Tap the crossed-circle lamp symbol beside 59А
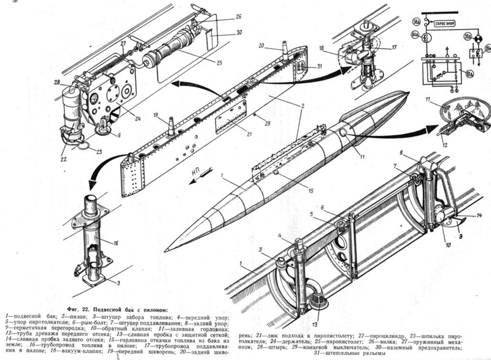(474, 36)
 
